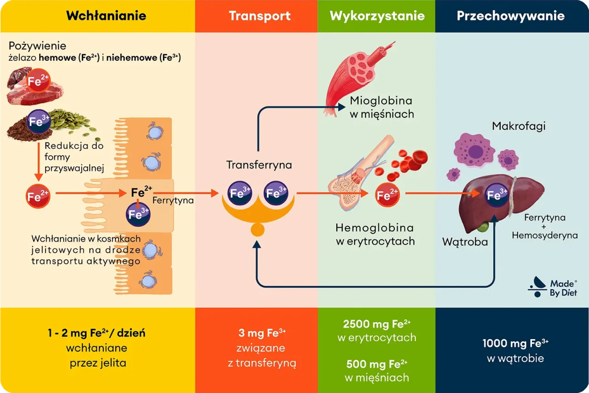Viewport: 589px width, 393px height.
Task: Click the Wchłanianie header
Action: [x=106, y=16]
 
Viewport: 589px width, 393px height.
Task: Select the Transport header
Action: [x=260, y=16]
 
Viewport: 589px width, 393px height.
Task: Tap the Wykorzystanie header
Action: [x=377, y=16]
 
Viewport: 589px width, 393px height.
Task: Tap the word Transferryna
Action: [x=259, y=165]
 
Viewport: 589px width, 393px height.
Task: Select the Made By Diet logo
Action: [x=553, y=287]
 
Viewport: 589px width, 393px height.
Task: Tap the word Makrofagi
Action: [x=519, y=126]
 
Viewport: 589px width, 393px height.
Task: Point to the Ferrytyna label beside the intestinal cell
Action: [x=173, y=200]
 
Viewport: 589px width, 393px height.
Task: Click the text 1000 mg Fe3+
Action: [x=515, y=343]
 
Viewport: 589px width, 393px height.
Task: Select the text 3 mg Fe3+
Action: [x=262, y=333]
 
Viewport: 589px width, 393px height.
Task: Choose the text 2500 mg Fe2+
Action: [x=376, y=323]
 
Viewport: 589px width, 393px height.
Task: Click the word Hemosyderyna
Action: [x=545, y=235]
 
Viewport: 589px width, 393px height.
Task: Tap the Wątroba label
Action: [x=465, y=241]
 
